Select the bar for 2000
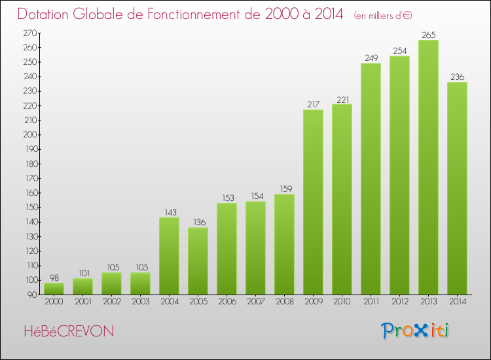54,288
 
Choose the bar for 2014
457,188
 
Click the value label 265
428,35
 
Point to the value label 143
169,213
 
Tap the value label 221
342,99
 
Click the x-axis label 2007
255,302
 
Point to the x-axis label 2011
371,302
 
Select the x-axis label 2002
111,302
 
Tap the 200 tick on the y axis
30,135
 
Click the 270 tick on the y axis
30,33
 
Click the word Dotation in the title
48,14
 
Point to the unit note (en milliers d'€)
383,15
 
